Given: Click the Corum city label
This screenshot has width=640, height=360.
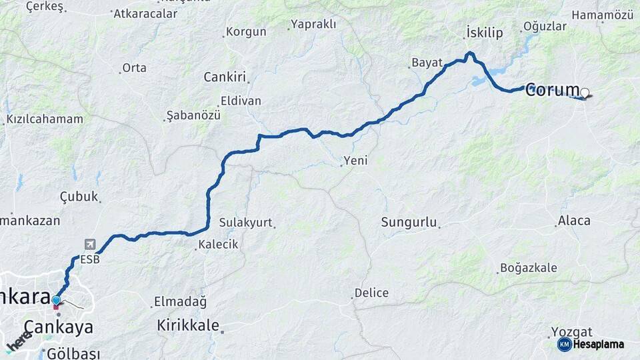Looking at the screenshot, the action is pos(552,90).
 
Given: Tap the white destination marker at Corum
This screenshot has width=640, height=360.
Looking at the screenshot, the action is pos(585,93).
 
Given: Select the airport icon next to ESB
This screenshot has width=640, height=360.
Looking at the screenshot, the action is pos(90,245).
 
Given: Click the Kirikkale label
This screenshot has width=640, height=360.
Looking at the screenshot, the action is pos(188,325).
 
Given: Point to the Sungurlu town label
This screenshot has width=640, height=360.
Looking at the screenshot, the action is pos(408,222).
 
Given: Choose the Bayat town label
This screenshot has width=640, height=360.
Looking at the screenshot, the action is pos(427,63).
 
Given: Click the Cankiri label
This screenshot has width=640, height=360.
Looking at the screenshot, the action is pos(225,77).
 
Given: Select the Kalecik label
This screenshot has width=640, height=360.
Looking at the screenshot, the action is pos(219,245).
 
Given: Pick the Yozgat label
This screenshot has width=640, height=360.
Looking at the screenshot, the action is pos(572,331).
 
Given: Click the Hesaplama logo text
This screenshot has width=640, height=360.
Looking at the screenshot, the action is pos(598,345).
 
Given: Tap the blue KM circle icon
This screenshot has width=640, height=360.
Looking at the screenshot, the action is pos(564,345).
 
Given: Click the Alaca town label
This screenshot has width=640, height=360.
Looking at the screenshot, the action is pos(574,221).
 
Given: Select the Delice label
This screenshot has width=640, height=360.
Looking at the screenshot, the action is pos(371,293).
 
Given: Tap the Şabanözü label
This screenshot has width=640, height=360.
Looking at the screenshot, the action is pos(193,115).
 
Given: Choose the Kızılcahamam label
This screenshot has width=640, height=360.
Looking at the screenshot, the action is pos(45,119).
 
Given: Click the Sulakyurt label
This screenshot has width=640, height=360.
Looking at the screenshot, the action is pos(246,222).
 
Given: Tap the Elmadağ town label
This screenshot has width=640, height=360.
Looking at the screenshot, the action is pos(180,301).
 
